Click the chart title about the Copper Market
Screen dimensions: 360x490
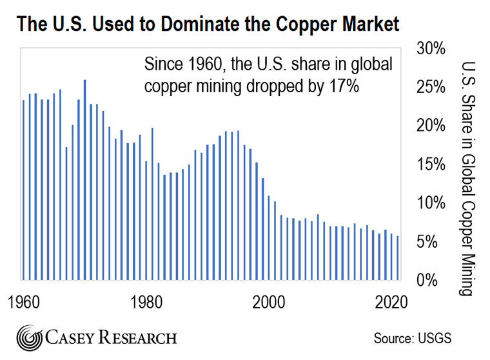(208, 25)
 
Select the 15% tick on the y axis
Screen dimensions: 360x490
(428, 165)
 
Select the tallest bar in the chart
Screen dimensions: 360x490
(84, 179)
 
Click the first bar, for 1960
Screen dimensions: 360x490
(24, 190)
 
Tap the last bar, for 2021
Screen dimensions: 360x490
(398, 258)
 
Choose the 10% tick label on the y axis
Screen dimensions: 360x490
(428, 203)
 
